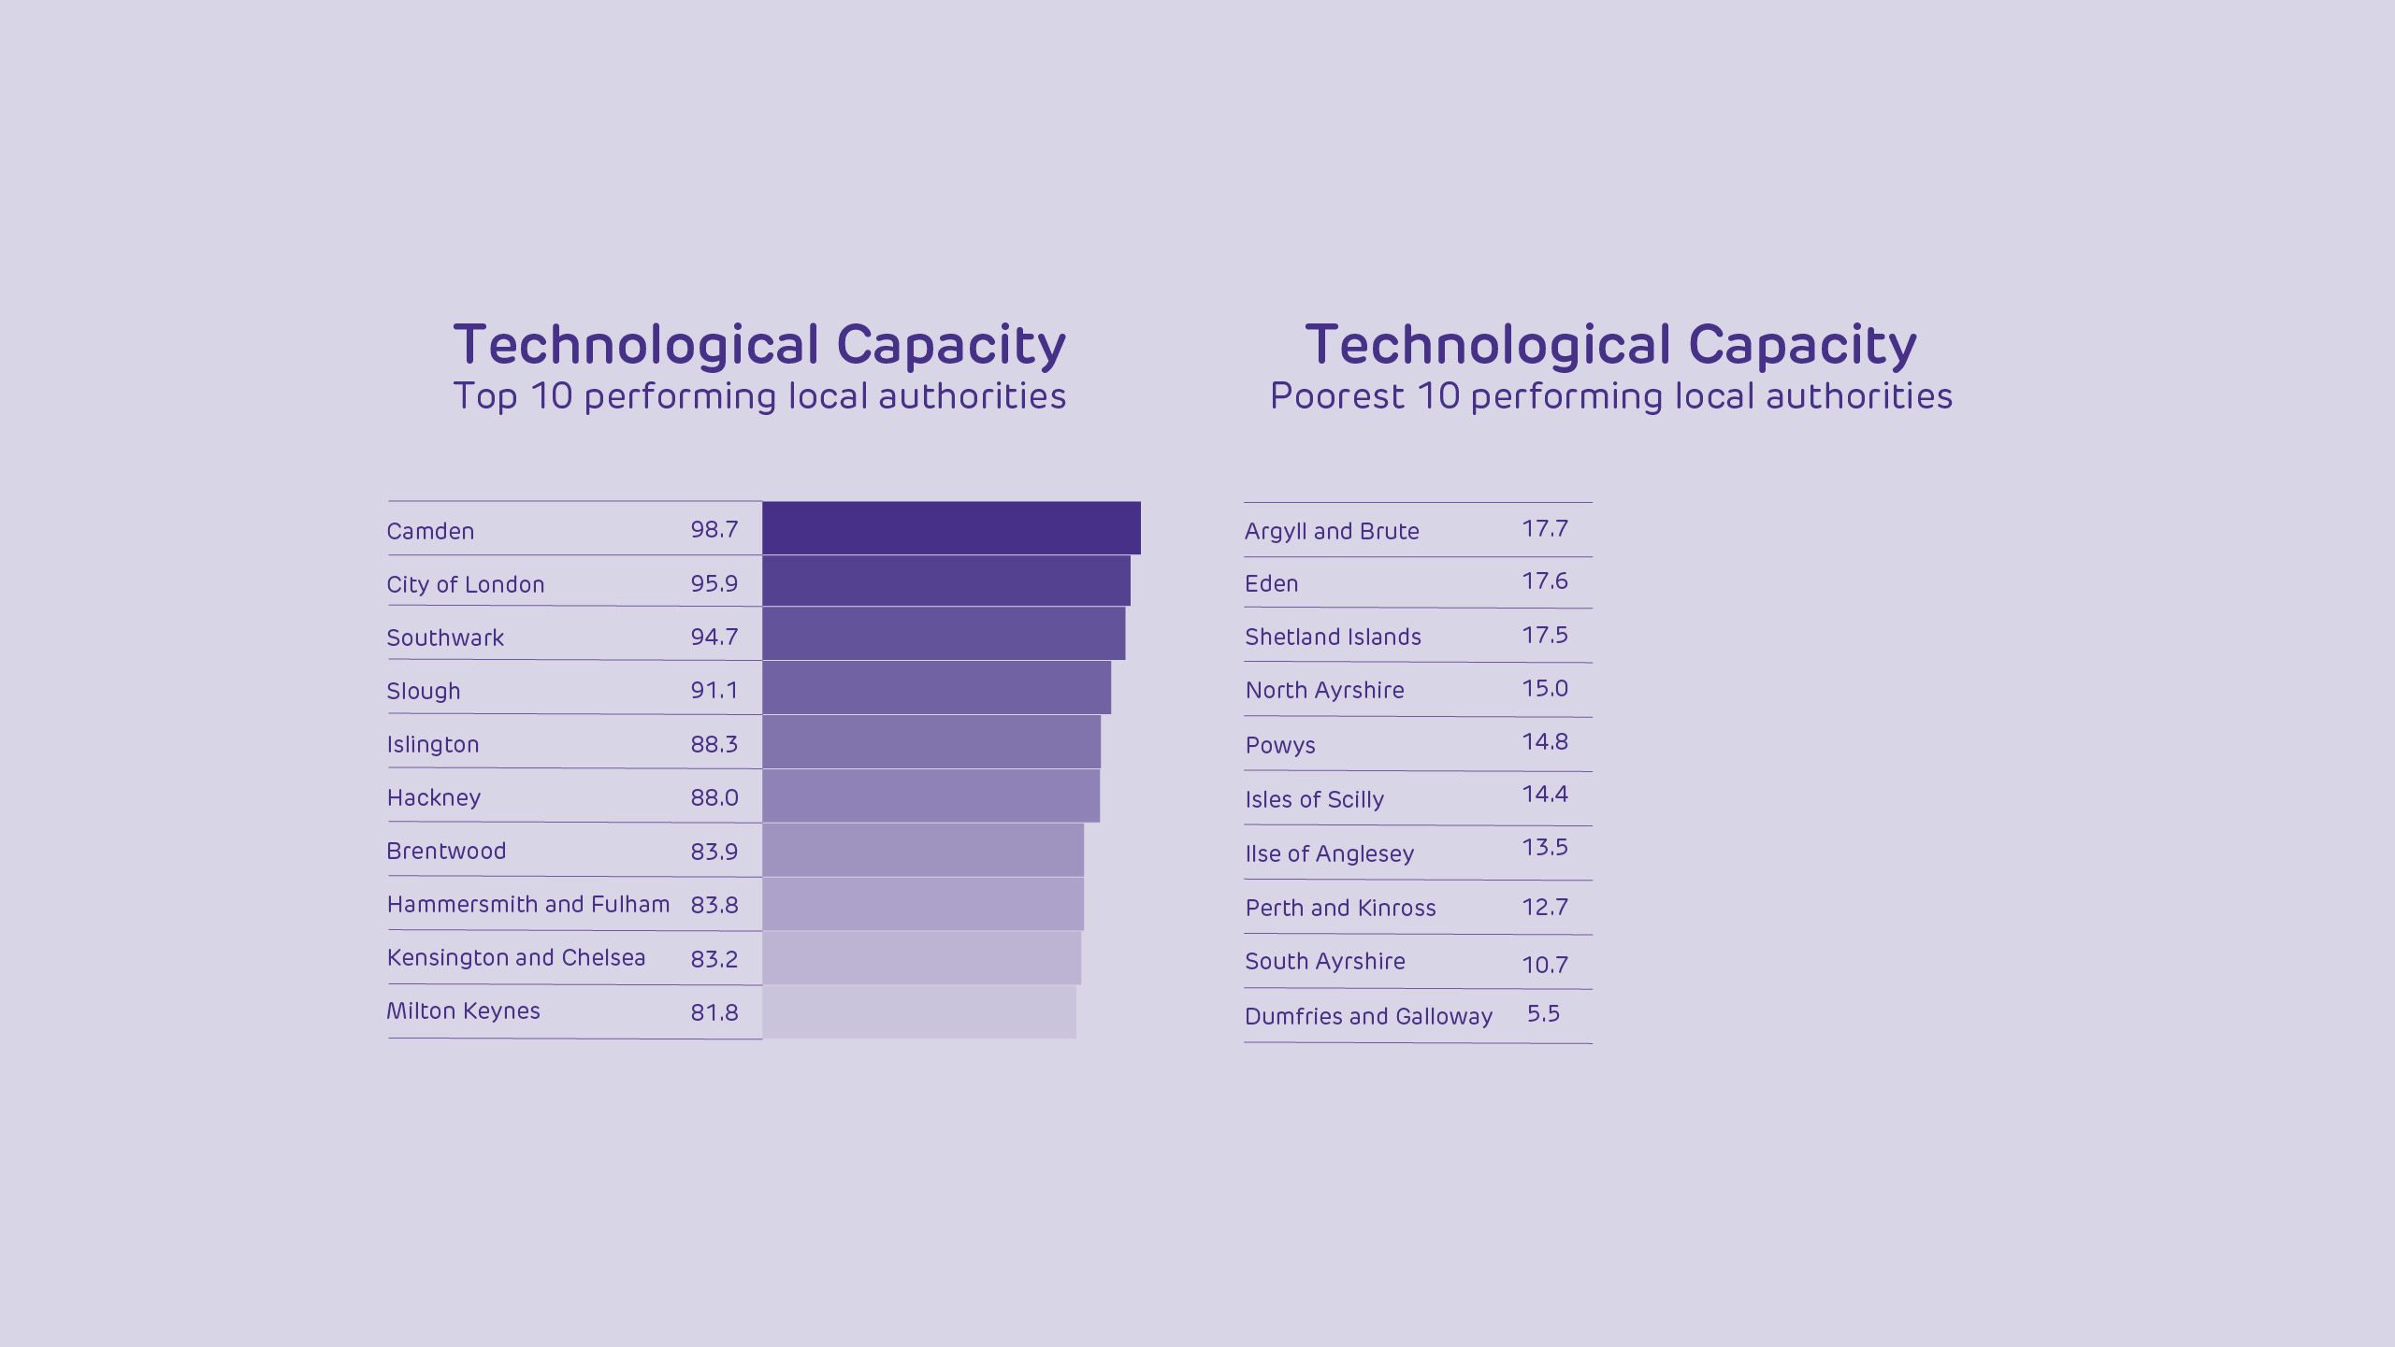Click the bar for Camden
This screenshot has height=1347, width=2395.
[951, 528]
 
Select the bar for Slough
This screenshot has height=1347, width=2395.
[936, 688]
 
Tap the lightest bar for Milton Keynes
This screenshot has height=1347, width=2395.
[918, 1011]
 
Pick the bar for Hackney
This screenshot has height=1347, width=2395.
[931, 795]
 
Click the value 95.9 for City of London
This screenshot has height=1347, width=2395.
[714, 583]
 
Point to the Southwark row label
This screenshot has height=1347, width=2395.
[445, 638]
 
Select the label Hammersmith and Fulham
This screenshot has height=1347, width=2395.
[528, 904]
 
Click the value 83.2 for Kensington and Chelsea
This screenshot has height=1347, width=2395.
[714, 958]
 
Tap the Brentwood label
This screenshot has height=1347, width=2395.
[446, 851]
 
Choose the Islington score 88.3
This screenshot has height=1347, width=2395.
[714, 744]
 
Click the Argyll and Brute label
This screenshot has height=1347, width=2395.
[1332, 531]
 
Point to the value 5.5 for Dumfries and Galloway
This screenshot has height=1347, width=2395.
[1543, 1013]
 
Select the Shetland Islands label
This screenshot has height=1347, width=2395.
[1333, 637]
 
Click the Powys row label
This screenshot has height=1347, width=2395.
[1280, 745]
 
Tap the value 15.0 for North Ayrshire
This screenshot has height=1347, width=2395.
[1545, 688]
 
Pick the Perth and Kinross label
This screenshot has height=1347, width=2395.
[1340, 908]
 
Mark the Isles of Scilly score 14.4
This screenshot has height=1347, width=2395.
[1545, 794]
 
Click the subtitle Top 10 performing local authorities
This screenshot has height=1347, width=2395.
[759, 396]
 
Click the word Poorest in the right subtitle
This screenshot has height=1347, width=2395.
[1336, 396]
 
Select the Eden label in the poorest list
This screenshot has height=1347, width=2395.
[1272, 583]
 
